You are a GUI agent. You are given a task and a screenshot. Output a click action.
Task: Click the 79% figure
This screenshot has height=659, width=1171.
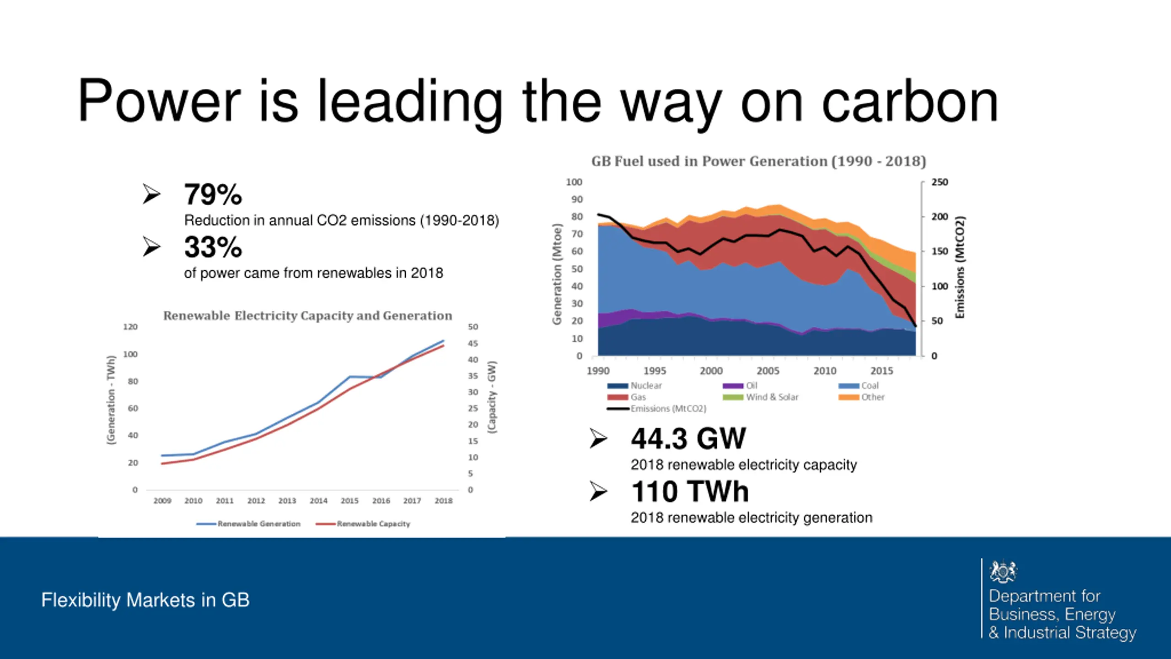tap(213, 194)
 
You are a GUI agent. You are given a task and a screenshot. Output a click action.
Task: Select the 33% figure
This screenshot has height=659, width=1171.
tap(213, 247)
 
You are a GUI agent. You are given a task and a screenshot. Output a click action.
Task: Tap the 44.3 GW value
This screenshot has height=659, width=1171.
tap(688, 438)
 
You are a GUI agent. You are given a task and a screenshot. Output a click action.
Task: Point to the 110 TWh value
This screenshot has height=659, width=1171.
tap(690, 492)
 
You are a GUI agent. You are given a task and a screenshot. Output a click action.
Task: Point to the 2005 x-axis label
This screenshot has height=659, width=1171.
tap(768, 371)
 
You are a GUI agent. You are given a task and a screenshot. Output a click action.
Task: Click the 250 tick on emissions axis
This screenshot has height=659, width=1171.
tap(940, 182)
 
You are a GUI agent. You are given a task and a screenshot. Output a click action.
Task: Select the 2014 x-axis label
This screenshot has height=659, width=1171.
tap(318, 501)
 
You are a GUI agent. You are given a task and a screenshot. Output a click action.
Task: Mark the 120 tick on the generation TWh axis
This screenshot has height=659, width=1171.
tap(130, 327)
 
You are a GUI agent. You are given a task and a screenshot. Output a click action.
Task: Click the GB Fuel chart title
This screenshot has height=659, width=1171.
tap(758, 161)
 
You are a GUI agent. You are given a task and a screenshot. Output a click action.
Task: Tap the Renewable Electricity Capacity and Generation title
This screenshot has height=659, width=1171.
tap(307, 316)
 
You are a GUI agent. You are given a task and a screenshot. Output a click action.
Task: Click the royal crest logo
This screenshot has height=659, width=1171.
tap(1003, 571)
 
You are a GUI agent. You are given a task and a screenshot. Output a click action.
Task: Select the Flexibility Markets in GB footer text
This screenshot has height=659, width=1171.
tap(145, 600)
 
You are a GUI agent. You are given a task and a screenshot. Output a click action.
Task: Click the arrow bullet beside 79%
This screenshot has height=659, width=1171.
tap(151, 194)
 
